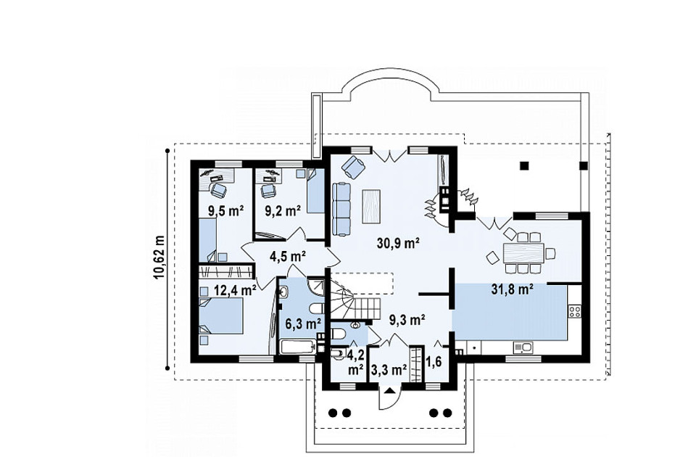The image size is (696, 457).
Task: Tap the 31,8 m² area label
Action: point(513,289)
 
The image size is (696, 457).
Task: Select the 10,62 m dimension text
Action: point(159,258)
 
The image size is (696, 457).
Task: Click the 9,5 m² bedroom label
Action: point(226,210)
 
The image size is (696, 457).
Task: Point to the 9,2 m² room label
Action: point(283,210)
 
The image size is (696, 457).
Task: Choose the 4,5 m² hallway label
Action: point(288,256)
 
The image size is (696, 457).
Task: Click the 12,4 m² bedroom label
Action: point(235,290)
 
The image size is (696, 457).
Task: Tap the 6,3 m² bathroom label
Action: point(304,324)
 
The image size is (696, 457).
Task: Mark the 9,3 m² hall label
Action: point(407,318)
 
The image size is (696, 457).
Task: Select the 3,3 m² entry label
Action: point(389,369)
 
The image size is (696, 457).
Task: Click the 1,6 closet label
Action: point(434,362)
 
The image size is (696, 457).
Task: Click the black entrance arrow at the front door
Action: point(389,391)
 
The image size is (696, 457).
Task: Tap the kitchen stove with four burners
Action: point(575,311)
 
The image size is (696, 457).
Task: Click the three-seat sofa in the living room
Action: point(341,209)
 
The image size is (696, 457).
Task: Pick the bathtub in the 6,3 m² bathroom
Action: point(298,347)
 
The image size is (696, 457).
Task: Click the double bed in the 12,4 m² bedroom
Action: point(220,316)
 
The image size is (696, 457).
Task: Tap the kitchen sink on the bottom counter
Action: point(523,347)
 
